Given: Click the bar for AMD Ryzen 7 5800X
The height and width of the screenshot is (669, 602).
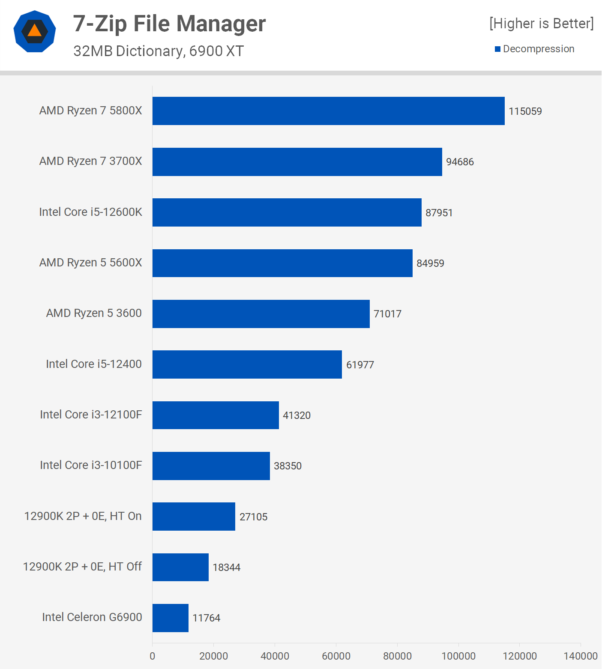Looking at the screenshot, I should point(328,111).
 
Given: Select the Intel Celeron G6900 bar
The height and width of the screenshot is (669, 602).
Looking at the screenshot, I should point(171,618).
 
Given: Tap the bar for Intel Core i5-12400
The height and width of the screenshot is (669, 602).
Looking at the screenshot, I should point(247,364).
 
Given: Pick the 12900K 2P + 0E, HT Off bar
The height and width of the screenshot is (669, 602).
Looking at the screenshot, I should point(180,567).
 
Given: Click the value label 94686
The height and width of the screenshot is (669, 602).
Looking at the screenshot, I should point(460,162).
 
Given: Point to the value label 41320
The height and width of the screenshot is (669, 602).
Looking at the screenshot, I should point(297,415).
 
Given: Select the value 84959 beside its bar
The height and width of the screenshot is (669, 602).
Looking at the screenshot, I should point(430,263).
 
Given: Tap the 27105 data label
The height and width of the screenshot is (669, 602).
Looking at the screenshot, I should point(253,517).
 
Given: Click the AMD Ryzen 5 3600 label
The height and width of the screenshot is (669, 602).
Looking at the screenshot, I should point(94,313).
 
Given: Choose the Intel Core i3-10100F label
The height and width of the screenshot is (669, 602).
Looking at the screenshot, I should point(91,465).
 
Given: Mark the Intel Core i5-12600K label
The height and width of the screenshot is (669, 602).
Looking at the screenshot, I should point(90,212).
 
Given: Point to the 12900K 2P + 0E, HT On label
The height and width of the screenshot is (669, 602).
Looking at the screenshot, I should point(83,516).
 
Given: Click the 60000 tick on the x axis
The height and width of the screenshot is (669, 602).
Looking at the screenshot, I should point(336,656).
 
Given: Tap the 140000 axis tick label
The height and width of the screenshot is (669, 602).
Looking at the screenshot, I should point(581,656).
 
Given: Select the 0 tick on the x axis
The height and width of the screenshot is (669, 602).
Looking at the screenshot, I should point(153,656).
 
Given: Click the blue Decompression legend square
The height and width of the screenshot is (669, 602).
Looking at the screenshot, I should point(497,49).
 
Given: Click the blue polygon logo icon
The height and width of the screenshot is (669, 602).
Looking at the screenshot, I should point(35,31).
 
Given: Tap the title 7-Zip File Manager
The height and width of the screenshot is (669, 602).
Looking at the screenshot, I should point(169,24).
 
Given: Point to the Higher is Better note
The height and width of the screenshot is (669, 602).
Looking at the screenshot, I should point(542,24).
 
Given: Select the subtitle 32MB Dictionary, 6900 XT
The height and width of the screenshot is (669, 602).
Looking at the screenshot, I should point(159,51).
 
